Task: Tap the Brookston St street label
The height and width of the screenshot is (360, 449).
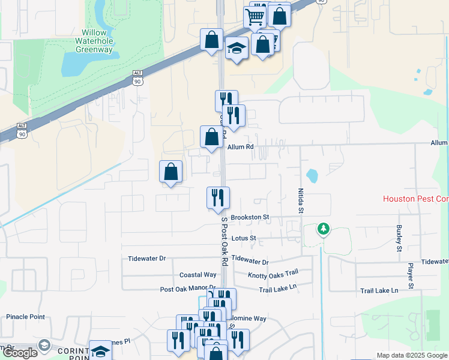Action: click(x=249, y=217)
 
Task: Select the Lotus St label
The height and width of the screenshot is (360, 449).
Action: click(x=244, y=238)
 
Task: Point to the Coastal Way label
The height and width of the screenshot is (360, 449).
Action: click(x=197, y=275)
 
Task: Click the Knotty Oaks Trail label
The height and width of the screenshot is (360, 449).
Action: click(x=273, y=275)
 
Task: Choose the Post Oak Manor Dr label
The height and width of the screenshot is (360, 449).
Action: click(x=187, y=289)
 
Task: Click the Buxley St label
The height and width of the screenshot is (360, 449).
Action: click(x=398, y=238)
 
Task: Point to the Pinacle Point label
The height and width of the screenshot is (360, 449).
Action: click(x=25, y=317)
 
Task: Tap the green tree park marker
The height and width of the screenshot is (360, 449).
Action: click(x=324, y=229)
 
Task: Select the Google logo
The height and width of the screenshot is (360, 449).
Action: click(x=19, y=353)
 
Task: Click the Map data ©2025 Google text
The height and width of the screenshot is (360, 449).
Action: click(x=412, y=356)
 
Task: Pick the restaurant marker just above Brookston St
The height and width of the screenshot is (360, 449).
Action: click(x=218, y=197)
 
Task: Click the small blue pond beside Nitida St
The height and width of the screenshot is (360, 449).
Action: click(x=312, y=176)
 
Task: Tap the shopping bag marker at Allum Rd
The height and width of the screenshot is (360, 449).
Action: click(x=211, y=137)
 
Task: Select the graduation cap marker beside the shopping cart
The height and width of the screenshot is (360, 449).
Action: click(x=237, y=48)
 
